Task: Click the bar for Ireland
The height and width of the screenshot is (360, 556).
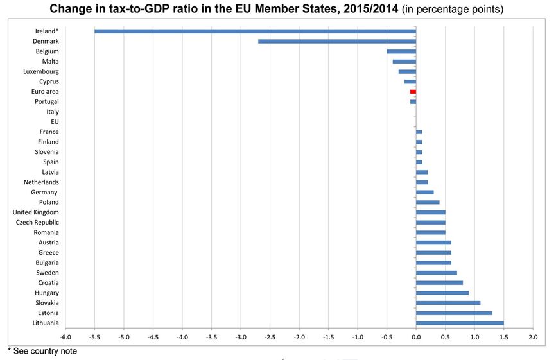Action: coord(255,31)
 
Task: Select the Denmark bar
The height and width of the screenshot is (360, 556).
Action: coord(337,41)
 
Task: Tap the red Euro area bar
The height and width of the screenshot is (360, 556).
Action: coord(413,92)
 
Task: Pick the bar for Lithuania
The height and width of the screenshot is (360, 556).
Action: coord(460,323)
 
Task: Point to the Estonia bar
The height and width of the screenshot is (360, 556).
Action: coord(454,313)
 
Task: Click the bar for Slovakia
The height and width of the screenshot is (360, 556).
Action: coord(448,303)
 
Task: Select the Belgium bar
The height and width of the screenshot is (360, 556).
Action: coord(401,51)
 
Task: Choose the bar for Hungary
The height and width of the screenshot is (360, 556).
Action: coord(442,293)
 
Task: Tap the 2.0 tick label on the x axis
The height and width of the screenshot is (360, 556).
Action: coord(532,337)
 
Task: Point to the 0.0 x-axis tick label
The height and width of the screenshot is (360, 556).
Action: coord(415,337)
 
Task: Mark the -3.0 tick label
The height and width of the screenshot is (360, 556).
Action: coord(240,337)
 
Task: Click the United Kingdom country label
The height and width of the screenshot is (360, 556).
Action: coord(36,212)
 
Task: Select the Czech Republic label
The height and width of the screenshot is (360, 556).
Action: coord(37,222)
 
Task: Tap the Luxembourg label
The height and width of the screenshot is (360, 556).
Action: coord(40,71)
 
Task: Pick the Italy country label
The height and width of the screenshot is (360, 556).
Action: coord(53,112)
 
